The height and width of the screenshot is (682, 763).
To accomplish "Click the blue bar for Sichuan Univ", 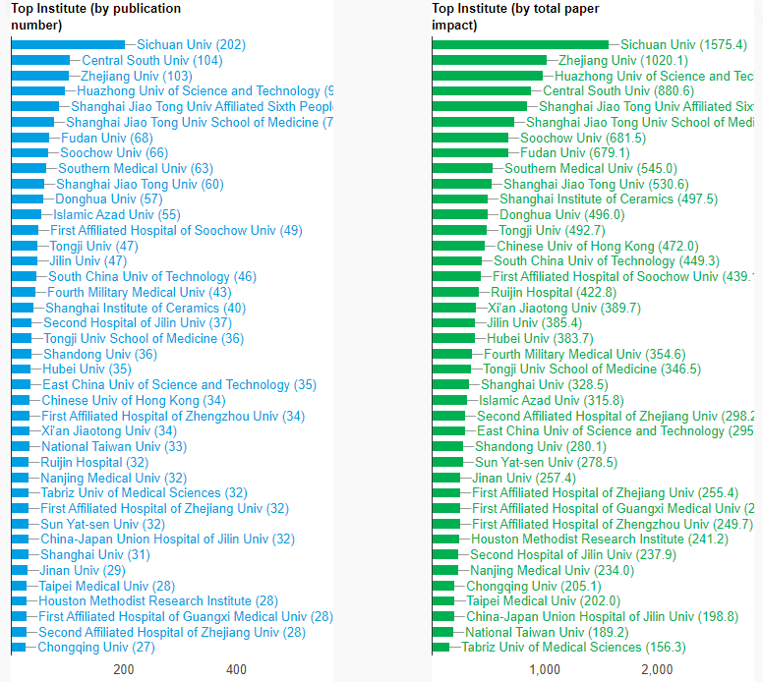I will coord(68,44).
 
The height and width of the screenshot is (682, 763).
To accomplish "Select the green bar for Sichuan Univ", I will coord(520,44).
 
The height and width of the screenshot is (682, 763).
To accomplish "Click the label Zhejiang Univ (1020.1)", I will coord(622,60).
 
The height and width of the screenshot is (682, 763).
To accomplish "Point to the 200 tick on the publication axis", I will coord(124,670).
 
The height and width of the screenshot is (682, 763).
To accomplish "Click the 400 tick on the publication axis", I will coord(237,670).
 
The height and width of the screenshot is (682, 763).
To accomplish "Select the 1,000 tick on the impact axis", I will coord(545,670).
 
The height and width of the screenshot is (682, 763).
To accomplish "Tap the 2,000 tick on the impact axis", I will coord(657,670).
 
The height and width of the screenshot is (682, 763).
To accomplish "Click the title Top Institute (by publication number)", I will coord(95,17).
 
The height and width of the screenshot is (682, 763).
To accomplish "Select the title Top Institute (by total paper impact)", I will coord(515,17).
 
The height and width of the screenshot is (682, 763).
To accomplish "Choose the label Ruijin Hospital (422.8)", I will coord(554,292).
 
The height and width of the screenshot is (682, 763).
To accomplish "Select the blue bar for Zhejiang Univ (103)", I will coord(40,76).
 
